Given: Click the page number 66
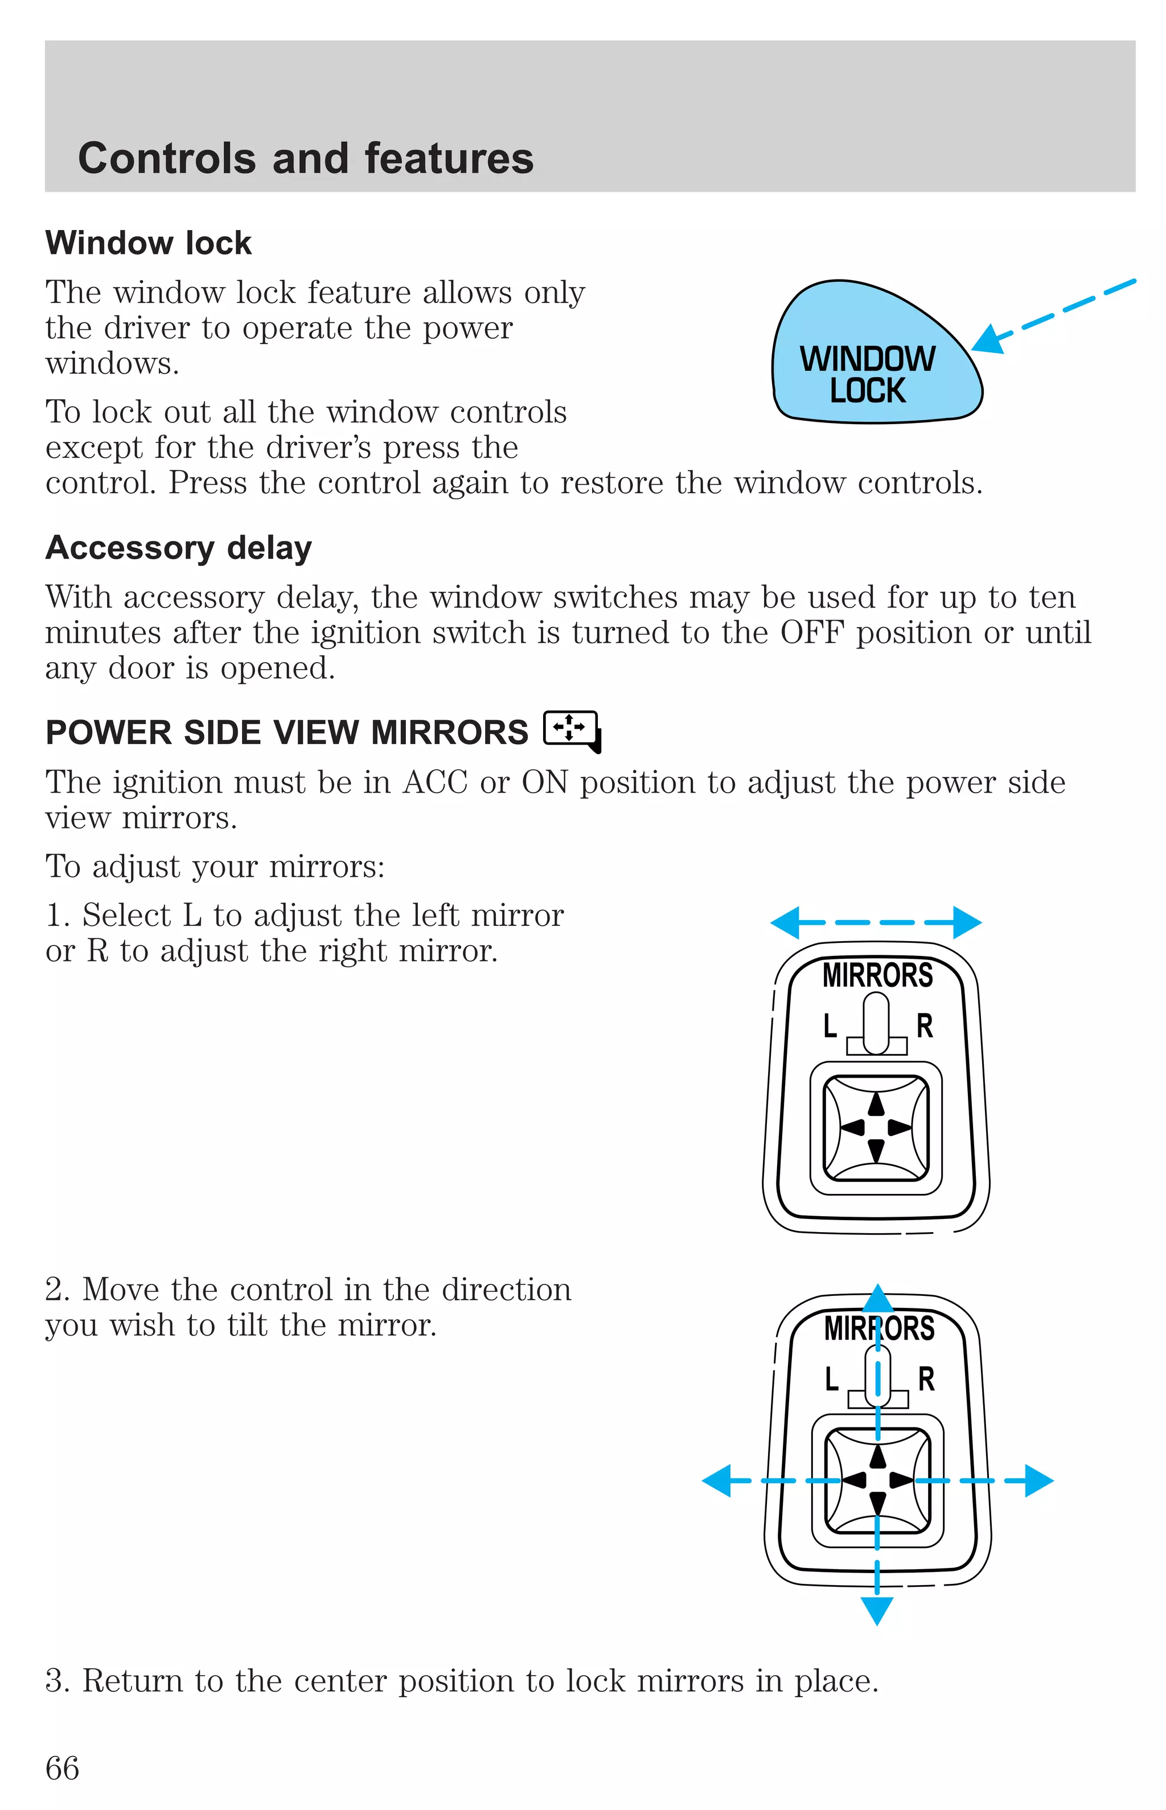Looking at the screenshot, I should [62, 1768].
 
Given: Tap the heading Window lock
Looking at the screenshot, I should [149, 243].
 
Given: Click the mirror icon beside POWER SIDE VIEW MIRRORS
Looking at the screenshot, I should [572, 730].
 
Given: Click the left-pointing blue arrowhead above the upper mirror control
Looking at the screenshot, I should [785, 922].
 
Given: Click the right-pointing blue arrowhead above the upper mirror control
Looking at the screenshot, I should [968, 922].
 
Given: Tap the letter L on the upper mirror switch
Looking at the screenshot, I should [831, 1026].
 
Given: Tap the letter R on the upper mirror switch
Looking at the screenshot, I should [925, 1026].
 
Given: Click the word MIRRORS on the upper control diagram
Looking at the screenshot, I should [877, 975].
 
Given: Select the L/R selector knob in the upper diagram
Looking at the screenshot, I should [876, 1022].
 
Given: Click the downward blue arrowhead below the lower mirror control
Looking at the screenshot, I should [877, 1610].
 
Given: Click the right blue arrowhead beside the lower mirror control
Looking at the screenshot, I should [1039, 1480].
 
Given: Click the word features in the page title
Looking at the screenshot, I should [449, 159].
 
